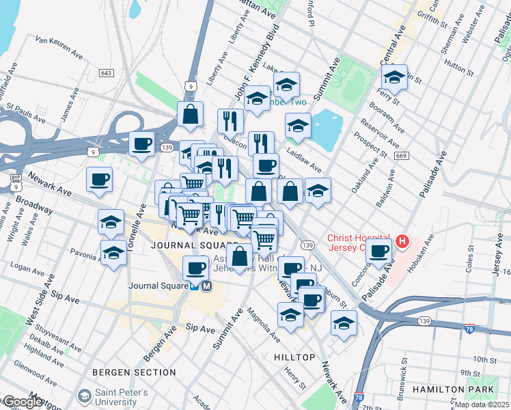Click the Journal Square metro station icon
[x=206, y=287]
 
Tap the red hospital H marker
[x=402, y=241]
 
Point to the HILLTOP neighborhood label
[x=294, y=357]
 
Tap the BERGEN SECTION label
[x=135, y=372]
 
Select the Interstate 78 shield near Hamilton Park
[x=469, y=329]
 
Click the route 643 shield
[x=106, y=73]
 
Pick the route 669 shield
[x=401, y=156]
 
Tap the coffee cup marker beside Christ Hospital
[x=378, y=249]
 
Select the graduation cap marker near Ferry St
[x=394, y=77]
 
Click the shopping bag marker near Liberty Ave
[x=190, y=114]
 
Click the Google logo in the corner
[x=22, y=402]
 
